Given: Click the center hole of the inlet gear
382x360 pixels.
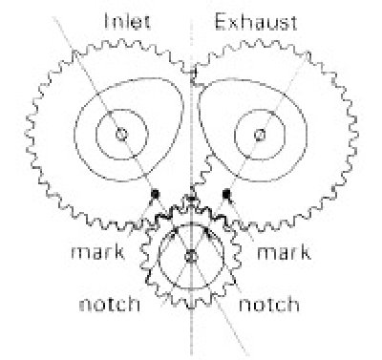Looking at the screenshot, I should [x=121, y=135].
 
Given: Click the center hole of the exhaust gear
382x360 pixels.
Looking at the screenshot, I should [x=258, y=135].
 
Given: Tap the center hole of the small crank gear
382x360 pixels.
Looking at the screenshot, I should [x=190, y=256].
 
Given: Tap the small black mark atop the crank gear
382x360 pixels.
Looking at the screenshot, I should [x=190, y=199].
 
